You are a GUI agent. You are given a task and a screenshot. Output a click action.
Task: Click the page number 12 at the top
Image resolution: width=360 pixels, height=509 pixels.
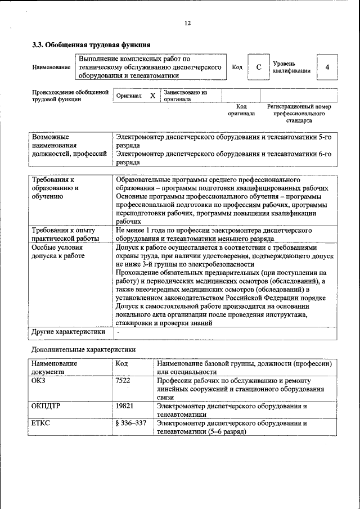(x=187, y=23)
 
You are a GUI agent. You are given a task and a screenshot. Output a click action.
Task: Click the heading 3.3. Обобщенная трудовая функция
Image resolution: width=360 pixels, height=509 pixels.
(x=91, y=44)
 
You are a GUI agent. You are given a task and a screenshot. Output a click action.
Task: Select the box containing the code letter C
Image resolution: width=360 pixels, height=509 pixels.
(x=258, y=67)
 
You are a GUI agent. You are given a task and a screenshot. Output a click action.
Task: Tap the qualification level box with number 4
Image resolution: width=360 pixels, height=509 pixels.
(x=327, y=67)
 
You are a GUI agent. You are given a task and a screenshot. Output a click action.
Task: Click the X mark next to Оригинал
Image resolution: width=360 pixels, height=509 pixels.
(x=152, y=96)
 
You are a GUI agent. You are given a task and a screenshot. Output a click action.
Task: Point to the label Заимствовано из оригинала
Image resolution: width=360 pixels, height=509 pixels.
(x=186, y=96)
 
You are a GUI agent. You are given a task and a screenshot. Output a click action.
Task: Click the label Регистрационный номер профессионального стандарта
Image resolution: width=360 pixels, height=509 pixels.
(x=298, y=113)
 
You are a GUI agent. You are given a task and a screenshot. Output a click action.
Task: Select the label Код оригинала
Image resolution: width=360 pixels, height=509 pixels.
(x=241, y=110)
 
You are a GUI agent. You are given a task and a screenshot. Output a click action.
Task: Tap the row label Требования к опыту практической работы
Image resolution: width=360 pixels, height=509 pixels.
(x=64, y=234)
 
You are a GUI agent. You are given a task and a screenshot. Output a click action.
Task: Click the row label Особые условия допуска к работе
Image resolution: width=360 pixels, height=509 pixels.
(x=58, y=251)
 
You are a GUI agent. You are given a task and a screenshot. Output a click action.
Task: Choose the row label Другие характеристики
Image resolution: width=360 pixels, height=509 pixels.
(x=68, y=332)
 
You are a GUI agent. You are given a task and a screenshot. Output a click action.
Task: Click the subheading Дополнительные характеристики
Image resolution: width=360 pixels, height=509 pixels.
(x=83, y=350)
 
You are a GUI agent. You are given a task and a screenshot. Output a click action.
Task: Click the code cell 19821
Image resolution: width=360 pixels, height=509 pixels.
(x=124, y=406)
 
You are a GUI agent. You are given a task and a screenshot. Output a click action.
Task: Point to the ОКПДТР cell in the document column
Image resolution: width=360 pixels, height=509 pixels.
(x=45, y=406)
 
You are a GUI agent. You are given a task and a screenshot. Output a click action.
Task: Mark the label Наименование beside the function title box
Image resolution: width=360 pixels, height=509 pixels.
(x=51, y=67)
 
